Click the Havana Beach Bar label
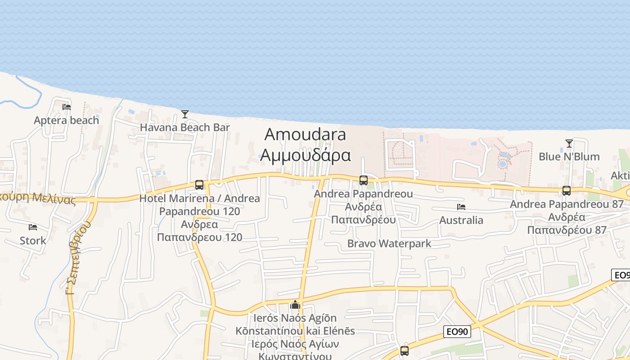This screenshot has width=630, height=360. (x=184, y=127)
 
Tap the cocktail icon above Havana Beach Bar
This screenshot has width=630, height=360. (x=184, y=114)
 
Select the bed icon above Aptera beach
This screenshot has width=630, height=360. (x=67, y=107)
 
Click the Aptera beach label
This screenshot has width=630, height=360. (x=66, y=120)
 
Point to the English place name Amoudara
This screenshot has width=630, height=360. (x=306, y=134)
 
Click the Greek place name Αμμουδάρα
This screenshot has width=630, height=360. (x=306, y=154)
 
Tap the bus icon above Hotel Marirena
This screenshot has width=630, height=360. (x=199, y=185)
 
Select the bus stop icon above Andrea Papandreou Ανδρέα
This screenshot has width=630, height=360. (x=364, y=180)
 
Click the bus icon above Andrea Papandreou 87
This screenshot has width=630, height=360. (x=567, y=191)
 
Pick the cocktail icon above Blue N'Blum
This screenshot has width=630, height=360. (x=569, y=144)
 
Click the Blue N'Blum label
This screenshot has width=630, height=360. (x=569, y=157)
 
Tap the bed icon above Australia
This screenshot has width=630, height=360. (x=461, y=207)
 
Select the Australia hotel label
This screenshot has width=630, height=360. (x=461, y=220)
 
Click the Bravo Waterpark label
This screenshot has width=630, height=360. (x=389, y=243)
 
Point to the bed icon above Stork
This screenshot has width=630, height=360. (x=32, y=227)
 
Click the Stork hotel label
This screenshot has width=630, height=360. (x=32, y=240)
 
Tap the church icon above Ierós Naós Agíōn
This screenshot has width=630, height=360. (x=295, y=305)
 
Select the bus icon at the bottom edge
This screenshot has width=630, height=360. (x=405, y=351)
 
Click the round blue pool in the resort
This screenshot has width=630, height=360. (x=502, y=164)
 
